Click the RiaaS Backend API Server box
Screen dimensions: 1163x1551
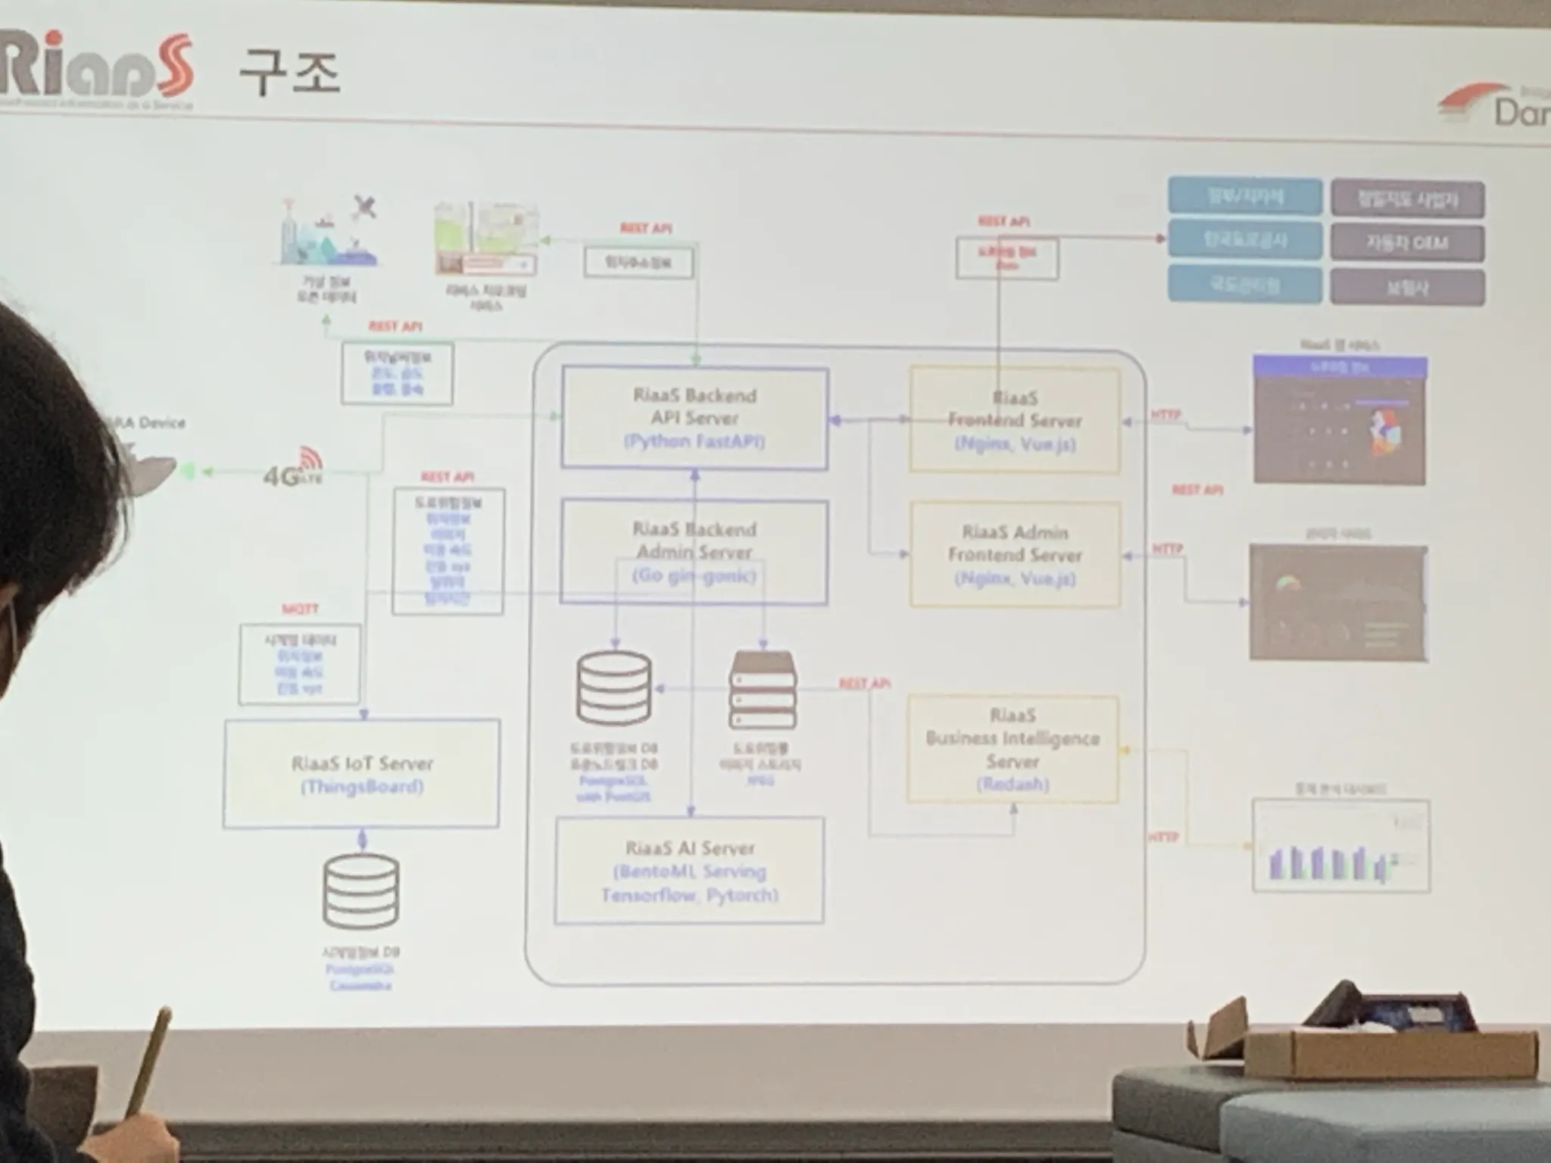click(x=694, y=418)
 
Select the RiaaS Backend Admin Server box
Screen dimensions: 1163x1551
click(x=694, y=551)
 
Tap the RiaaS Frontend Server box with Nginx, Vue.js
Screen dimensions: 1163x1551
click(x=1014, y=420)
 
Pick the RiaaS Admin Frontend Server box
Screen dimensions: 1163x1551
click(x=1015, y=554)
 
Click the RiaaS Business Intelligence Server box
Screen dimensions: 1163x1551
click(x=1013, y=749)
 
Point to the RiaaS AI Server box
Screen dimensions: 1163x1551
click(x=689, y=871)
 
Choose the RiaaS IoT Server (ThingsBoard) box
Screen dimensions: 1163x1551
click(x=361, y=774)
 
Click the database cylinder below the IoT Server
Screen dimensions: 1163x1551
click(x=360, y=892)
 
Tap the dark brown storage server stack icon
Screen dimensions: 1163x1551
click(x=763, y=690)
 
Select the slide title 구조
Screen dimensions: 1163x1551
click(x=289, y=73)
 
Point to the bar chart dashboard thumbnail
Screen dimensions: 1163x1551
click(x=1340, y=845)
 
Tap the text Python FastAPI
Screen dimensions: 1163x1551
click(x=694, y=441)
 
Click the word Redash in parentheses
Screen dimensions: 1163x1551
click(x=1013, y=784)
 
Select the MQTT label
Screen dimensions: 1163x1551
click(x=300, y=609)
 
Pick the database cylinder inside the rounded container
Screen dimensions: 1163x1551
click(x=613, y=688)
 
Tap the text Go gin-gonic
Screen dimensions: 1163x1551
click(x=694, y=575)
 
